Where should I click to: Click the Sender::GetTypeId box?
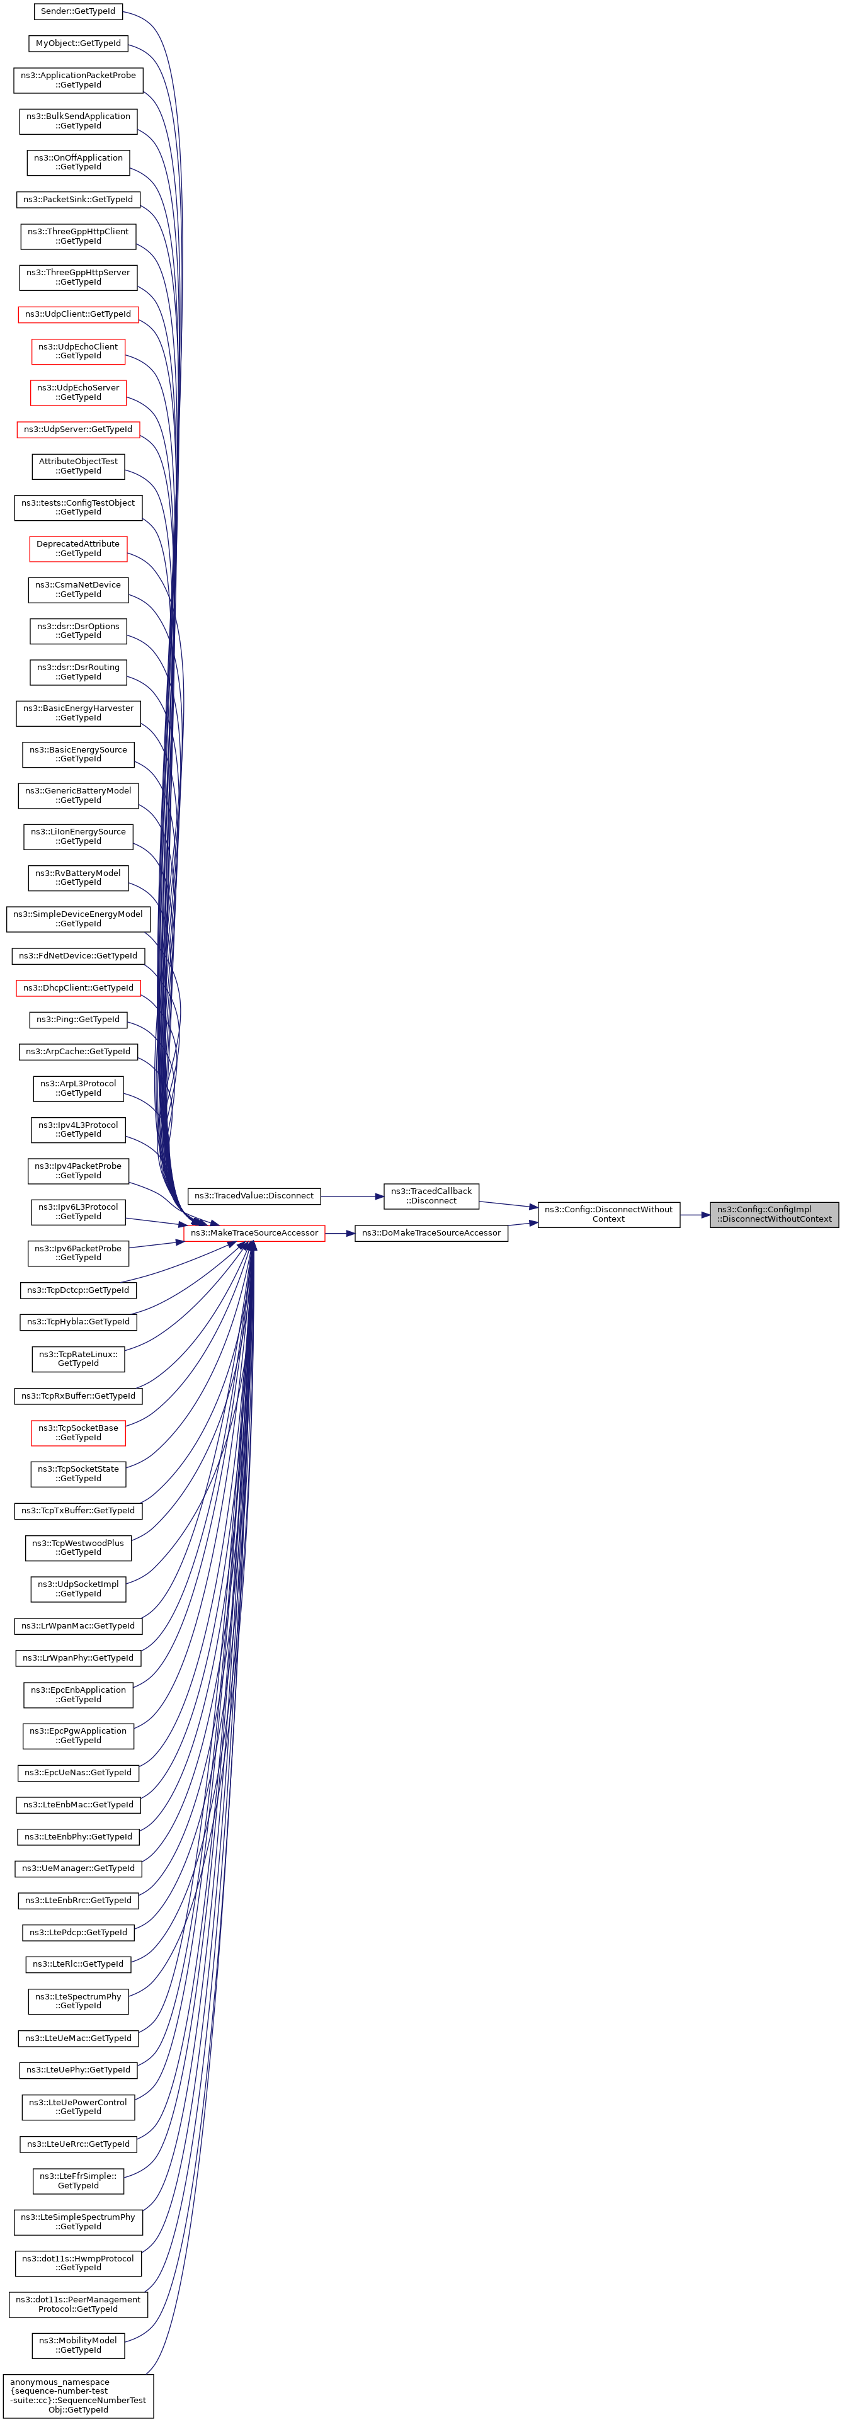pos(78,11)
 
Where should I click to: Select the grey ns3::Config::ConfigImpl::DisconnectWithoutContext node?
pos(773,1214)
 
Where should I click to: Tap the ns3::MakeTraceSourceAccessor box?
pos(254,1232)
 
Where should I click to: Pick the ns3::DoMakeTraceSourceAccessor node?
pos(430,1232)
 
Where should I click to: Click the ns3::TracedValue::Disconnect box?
pos(254,1196)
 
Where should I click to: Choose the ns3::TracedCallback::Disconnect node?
pos(431,1196)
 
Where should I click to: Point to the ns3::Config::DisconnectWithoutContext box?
pos(608,1214)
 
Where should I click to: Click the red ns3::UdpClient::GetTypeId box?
pos(78,314)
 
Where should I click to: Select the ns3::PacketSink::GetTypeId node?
pos(78,200)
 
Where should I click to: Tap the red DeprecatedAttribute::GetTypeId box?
pos(78,548)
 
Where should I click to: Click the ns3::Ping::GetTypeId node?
pos(78,1019)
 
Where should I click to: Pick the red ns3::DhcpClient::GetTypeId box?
pos(78,988)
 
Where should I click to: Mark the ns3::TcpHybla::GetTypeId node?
pos(78,1322)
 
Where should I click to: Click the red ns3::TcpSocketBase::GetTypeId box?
pos(78,1433)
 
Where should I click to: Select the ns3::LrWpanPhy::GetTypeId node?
pos(78,1657)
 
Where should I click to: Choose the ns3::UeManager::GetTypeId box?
pos(78,1868)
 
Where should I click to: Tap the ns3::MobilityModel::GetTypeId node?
pos(78,2345)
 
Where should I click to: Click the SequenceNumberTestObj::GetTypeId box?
pos(78,2396)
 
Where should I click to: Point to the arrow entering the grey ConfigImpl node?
pos(695,1215)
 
